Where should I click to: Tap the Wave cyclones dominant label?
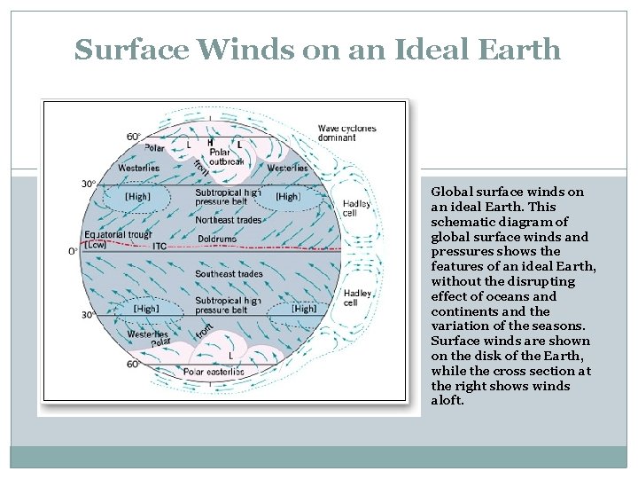(x=346, y=133)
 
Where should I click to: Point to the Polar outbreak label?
(x=225, y=156)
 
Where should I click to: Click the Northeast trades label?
(x=228, y=220)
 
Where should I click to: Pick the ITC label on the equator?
(x=159, y=246)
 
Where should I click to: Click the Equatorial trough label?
(x=118, y=235)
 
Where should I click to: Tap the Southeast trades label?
(x=229, y=274)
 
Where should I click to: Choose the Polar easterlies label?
(x=214, y=372)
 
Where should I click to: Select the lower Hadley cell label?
(x=357, y=297)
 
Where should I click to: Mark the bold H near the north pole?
(x=210, y=142)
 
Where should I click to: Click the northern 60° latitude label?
(x=133, y=137)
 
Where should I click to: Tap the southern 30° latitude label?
(x=88, y=315)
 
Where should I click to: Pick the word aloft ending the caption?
(x=447, y=401)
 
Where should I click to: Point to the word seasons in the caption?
(x=559, y=326)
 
